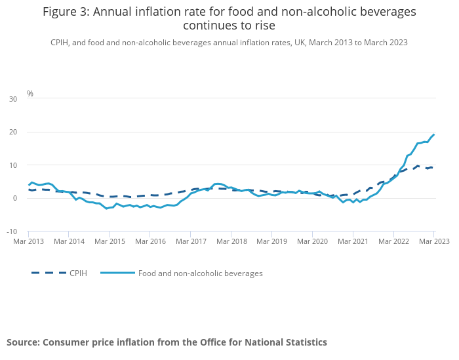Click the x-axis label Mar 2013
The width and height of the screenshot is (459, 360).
click(x=29, y=241)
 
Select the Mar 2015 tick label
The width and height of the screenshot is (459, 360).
click(x=110, y=241)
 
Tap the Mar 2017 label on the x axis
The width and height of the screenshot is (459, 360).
click(x=190, y=241)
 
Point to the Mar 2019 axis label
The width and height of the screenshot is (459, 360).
click(x=271, y=241)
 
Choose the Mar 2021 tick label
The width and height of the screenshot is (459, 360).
click(x=352, y=241)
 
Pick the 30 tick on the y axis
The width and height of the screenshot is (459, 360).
click(x=13, y=99)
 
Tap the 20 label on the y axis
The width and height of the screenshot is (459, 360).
click(x=13, y=132)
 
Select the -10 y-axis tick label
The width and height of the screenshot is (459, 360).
click(x=12, y=231)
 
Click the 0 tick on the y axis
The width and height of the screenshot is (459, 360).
click(x=15, y=198)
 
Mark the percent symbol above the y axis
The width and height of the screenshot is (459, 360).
click(x=30, y=94)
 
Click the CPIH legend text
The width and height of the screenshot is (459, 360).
click(x=78, y=273)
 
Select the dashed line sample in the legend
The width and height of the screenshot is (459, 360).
click(x=49, y=273)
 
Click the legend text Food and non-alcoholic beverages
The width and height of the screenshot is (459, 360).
click(x=200, y=273)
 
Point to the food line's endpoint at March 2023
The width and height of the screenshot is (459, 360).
click(x=433, y=134)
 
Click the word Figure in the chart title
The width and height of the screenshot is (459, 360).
click(x=62, y=12)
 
